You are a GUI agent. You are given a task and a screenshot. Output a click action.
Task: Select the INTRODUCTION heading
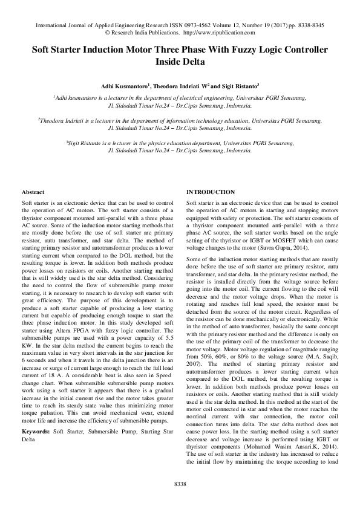(x=210, y=192)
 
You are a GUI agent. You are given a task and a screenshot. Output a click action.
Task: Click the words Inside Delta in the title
(x=180, y=62)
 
